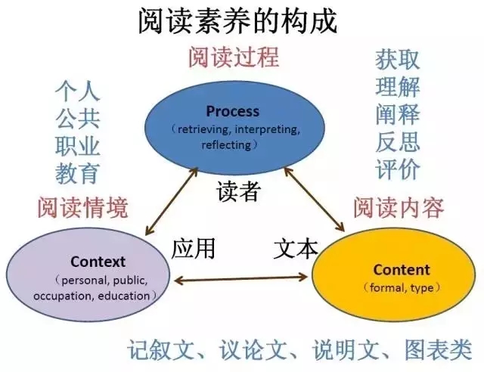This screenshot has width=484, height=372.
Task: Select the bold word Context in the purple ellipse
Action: point(98,262)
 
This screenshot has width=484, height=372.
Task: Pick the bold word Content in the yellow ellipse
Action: point(401,269)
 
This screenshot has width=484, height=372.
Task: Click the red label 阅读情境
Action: point(82,206)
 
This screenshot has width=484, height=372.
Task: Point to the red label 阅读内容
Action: point(398,207)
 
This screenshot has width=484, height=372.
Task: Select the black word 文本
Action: point(295,248)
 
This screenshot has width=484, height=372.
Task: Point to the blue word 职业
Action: point(77,145)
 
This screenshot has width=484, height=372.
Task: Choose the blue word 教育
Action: point(77,173)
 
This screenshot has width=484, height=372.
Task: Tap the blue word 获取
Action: point(398,59)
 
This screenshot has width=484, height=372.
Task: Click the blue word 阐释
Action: point(398,114)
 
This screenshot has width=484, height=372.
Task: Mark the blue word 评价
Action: point(398,169)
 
